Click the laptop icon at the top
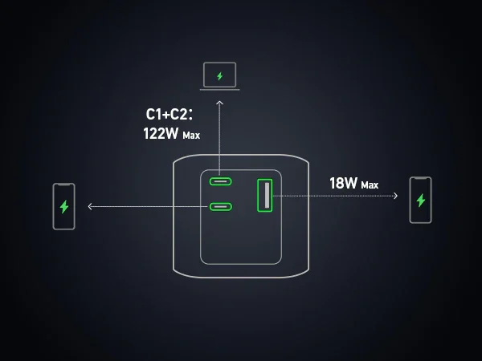click(219, 77)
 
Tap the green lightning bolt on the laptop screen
click(219, 76)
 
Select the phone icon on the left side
click(64, 206)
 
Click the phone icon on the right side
click(420, 200)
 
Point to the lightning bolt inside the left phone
click(64, 206)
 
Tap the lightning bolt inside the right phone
click(420, 200)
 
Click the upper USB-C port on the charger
click(221, 180)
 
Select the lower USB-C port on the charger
click(221, 207)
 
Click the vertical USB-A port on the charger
click(264, 195)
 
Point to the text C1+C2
click(169, 115)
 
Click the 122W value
click(161, 134)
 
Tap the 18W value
click(343, 183)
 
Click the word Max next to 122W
click(191, 136)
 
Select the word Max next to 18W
click(370, 185)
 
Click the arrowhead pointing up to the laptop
click(219, 103)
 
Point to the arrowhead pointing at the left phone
click(90, 207)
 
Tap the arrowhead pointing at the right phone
click(396, 195)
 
